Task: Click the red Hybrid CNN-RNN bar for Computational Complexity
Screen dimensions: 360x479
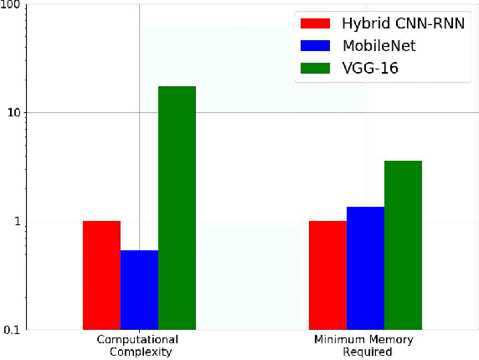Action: click(101, 275)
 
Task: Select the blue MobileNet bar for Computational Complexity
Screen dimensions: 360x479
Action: click(139, 289)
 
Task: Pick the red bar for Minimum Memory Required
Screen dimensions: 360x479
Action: click(327, 275)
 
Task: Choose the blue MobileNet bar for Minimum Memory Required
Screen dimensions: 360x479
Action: click(365, 268)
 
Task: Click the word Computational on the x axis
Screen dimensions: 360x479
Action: click(139, 341)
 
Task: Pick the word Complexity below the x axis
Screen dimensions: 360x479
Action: click(140, 352)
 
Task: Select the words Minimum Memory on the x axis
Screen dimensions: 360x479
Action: click(364, 341)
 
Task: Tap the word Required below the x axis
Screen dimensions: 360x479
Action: click(365, 352)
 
